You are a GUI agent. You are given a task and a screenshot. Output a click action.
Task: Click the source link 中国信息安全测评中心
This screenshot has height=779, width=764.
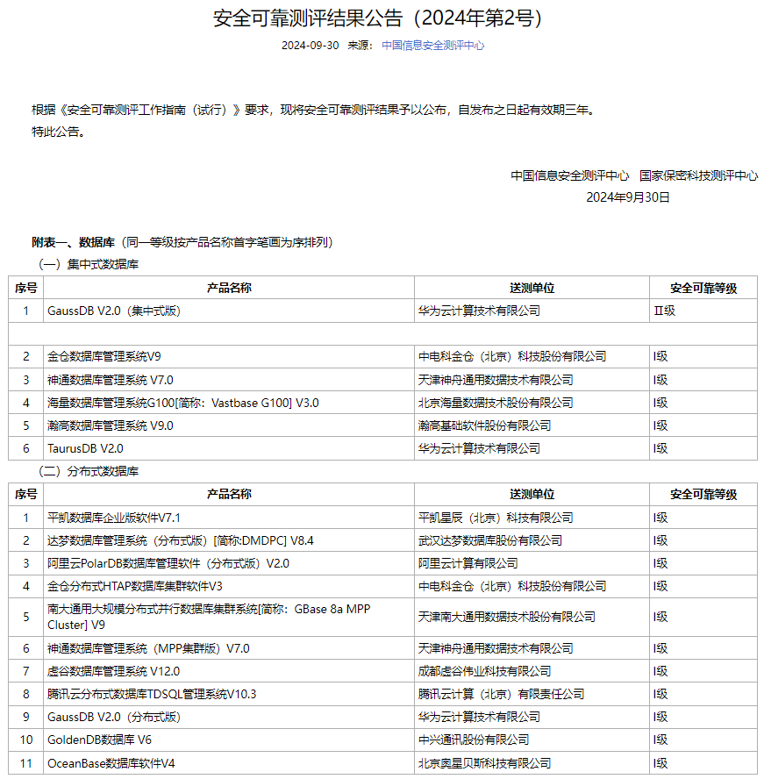(x=432, y=46)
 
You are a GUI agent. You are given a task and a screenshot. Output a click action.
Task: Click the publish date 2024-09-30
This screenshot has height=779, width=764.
(x=310, y=46)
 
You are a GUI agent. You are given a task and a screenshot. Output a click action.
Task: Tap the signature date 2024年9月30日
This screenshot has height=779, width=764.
(x=628, y=197)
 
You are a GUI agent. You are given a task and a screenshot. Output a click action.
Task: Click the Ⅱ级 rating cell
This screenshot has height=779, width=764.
(x=664, y=311)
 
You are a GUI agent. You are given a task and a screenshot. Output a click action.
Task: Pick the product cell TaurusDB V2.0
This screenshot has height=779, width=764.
(x=85, y=448)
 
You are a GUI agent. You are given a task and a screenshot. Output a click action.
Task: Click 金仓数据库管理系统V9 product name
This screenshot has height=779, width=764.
(x=104, y=356)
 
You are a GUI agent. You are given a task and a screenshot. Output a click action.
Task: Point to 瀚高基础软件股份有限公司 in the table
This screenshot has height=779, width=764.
(x=484, y=425)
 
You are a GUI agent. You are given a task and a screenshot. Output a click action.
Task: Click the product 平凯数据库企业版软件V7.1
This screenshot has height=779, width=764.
(x=114, y=518)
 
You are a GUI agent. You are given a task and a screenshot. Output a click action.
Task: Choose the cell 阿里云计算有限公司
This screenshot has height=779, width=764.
(x=468, y=563)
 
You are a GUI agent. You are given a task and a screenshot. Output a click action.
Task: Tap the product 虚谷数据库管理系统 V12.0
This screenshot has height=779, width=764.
(x=113, y=671)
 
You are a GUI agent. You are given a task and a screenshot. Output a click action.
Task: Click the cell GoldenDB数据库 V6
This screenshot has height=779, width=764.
(x=99, y=740)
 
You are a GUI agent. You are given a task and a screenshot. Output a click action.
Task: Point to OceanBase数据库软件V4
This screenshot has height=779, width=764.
(x=111, y=763)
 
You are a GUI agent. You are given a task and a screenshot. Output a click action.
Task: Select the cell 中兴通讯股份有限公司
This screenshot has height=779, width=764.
(x=474, y=740)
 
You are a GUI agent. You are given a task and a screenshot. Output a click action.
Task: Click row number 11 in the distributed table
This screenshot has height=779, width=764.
(x=25, y=763)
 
